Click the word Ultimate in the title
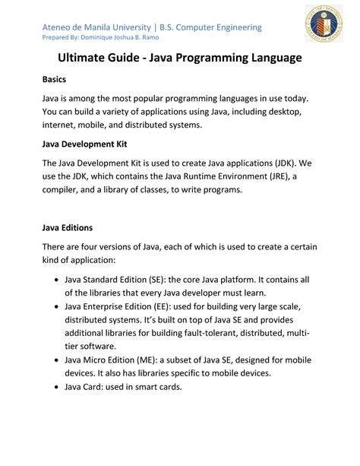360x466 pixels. (x=86, y=58)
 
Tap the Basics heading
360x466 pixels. (x=55, y=79)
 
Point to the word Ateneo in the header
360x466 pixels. (x=60, y=27)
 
